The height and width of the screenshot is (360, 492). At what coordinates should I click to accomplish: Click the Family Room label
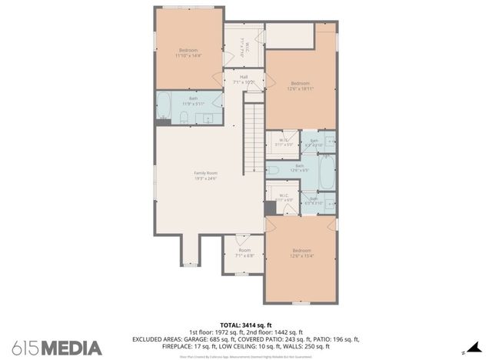(205, 176)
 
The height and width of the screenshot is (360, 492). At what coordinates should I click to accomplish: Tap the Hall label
(244, 78)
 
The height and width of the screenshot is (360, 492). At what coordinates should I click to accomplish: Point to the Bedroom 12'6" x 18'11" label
(301, 85)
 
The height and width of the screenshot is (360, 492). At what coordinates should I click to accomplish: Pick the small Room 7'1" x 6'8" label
(244, 252)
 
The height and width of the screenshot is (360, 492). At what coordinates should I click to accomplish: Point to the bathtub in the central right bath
(327, 173)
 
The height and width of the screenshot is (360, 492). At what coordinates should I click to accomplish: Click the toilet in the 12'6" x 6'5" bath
(272, 170)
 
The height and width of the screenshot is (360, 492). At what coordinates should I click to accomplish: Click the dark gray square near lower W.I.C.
(269, 208)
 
